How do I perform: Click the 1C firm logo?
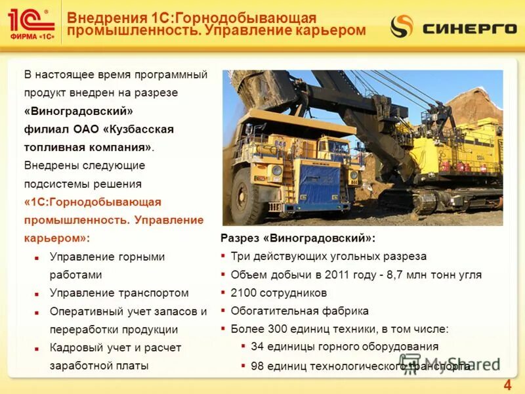pyautogui.click(x=31, y=25)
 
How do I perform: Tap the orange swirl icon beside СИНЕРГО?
pyautogui.click(x=402, y=26)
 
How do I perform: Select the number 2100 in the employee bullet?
pyautogui.click(x=243, y=293)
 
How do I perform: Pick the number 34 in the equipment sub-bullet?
pyautogui.click(x=257, y=347)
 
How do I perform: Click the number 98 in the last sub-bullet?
pyautogui.click(x=257, y=366)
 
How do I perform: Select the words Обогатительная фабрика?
pyautogui.click(x=299, y=311)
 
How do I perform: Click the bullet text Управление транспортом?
pyautogui.click(x=119, y=293)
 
